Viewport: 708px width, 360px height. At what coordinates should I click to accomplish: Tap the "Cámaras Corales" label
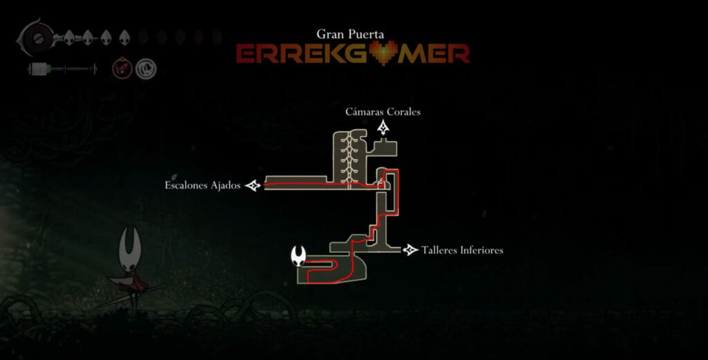[383, 112]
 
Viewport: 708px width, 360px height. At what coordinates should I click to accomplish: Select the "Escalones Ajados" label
[202, 185]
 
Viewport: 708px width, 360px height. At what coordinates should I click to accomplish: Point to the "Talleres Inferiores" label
[462, 250]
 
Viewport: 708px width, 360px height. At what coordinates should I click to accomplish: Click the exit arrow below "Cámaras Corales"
[384, 127]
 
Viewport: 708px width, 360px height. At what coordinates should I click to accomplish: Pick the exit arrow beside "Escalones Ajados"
[253, 185]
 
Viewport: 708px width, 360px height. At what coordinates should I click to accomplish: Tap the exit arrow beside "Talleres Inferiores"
[411, 249]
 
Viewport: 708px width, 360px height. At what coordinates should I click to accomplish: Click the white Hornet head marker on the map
[299, 256]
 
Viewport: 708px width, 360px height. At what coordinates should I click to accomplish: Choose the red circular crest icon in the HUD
[121, 68]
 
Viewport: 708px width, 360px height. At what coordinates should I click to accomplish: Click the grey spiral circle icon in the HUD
[146, 68]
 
